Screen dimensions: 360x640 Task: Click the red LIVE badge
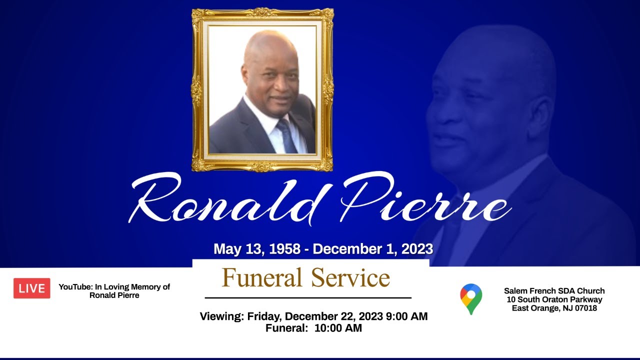(31, 288)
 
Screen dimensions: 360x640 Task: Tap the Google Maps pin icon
(471, 298)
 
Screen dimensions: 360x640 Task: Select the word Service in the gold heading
(350, 278)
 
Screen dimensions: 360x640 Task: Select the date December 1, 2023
(372, 249)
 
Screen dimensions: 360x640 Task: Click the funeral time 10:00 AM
(338, 328)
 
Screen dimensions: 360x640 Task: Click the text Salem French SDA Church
(554, 291)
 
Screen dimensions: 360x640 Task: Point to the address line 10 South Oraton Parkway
(554, 299)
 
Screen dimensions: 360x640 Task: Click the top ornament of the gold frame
(262, 12)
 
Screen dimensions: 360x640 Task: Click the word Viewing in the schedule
(221, 316)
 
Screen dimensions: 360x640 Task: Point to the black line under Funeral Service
(308, 298)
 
